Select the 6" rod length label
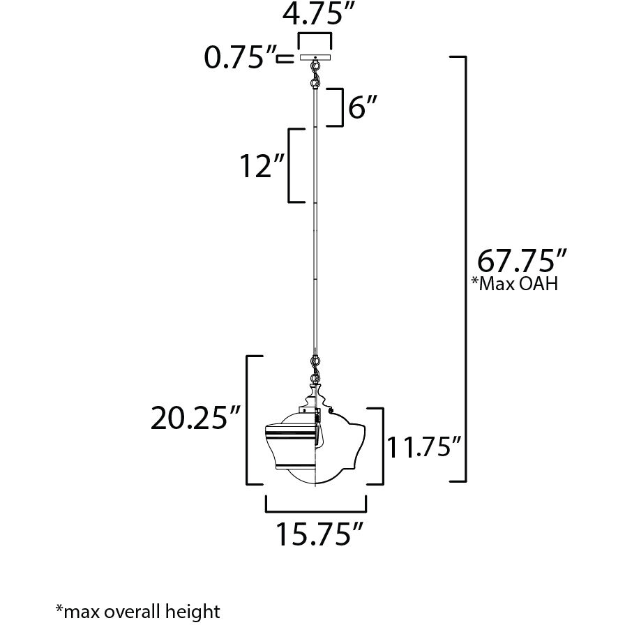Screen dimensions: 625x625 click(x=363, y=109)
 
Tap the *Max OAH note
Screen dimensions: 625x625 click(x=515, y=285)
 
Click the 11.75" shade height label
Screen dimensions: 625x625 click(x=426, y=446)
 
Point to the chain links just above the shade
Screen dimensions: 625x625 click(x=315, y=367)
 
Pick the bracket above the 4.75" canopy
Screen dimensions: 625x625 click(x=315, y=36)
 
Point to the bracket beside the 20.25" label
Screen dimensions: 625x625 click(x=251, y=419)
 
